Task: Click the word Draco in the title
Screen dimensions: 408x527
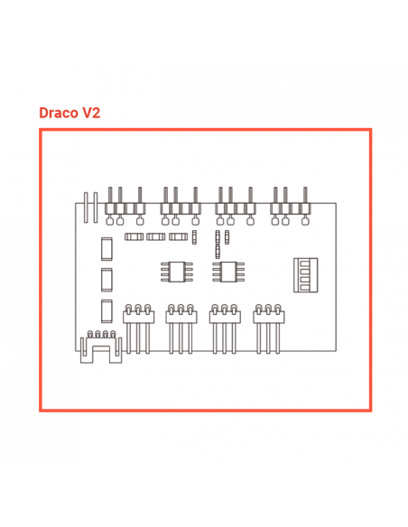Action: click(x=58, y=113)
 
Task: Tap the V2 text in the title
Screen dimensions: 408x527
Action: click(x=91, y=113)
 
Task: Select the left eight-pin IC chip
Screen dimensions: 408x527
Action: click(x=177, y=272)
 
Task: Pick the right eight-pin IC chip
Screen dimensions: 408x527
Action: click(x=228, y=272)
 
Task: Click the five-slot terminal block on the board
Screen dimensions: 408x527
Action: click(x=305, y=275)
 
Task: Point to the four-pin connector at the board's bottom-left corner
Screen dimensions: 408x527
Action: click(x=101, y=347)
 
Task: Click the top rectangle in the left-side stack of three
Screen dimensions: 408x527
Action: click(x=107, y=249)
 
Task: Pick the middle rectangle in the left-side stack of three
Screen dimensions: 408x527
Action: click(x=107, y=280)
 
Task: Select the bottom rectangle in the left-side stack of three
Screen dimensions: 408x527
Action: click(x=107, y=311)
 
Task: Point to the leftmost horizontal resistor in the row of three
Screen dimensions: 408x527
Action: click(x=134, y=236)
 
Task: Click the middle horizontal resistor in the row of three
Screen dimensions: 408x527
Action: click(x=155, y=236)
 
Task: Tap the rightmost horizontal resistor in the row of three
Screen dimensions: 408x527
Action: click(x=178, y=236)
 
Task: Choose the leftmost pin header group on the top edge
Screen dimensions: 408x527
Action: click(x=125, y=206)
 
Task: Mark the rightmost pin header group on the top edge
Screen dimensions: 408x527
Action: click(x=291, y=206)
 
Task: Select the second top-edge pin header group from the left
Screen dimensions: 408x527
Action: click(x=181, y=206)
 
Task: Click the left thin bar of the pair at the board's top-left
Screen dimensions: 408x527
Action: click(x=86, y=208)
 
